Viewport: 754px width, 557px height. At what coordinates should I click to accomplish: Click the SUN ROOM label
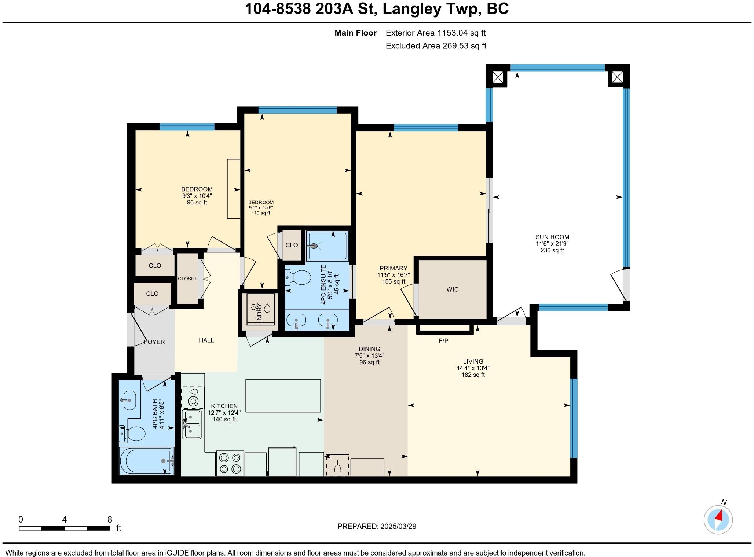pos(552,237)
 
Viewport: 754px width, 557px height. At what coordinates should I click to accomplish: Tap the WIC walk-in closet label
pos(452,289)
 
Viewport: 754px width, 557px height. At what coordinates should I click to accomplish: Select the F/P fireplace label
pos(443,341)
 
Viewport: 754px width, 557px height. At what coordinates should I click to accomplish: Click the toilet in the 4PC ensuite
pos(298,278)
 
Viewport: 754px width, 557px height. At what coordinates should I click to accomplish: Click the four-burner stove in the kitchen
pos(230,463)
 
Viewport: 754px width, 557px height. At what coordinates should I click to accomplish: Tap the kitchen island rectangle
pos(283,395)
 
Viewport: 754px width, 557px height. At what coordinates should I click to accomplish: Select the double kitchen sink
pos(192,424)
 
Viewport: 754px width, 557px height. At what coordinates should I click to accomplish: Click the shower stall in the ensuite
pos(327,246)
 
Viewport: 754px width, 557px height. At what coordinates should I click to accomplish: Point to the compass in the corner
pos(718,519)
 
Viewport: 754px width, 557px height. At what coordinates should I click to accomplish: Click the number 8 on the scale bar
pos(110,519)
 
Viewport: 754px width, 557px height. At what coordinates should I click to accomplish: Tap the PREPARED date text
pos(377,526)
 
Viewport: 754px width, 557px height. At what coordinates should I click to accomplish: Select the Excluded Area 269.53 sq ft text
pos(436,46)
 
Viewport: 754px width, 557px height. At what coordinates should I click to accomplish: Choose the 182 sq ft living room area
pos(473,375)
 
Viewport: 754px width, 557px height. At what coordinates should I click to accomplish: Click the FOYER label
pos(154,342)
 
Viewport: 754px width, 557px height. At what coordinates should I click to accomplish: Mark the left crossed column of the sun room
pos(497,77)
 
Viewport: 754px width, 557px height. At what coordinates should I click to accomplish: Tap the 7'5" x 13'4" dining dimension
pos(369,355)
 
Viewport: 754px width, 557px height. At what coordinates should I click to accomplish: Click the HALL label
pos(206,340)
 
